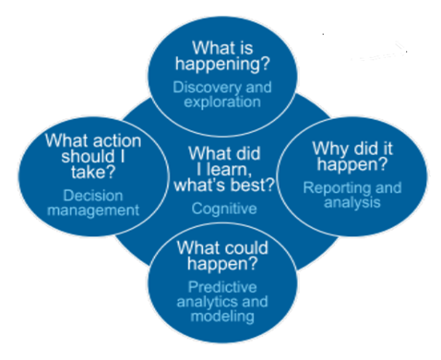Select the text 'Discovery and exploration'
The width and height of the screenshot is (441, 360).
pos(223,93)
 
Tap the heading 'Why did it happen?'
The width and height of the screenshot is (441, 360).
pos(352,157)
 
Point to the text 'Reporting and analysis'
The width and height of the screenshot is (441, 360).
pos(352,194)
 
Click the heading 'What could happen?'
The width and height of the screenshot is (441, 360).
pos(221,256)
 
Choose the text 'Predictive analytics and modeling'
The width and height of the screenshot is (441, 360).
pos(221,301)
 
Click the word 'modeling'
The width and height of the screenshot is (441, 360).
pos(221,316)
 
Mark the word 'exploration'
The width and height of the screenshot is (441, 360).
pos(223,102)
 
